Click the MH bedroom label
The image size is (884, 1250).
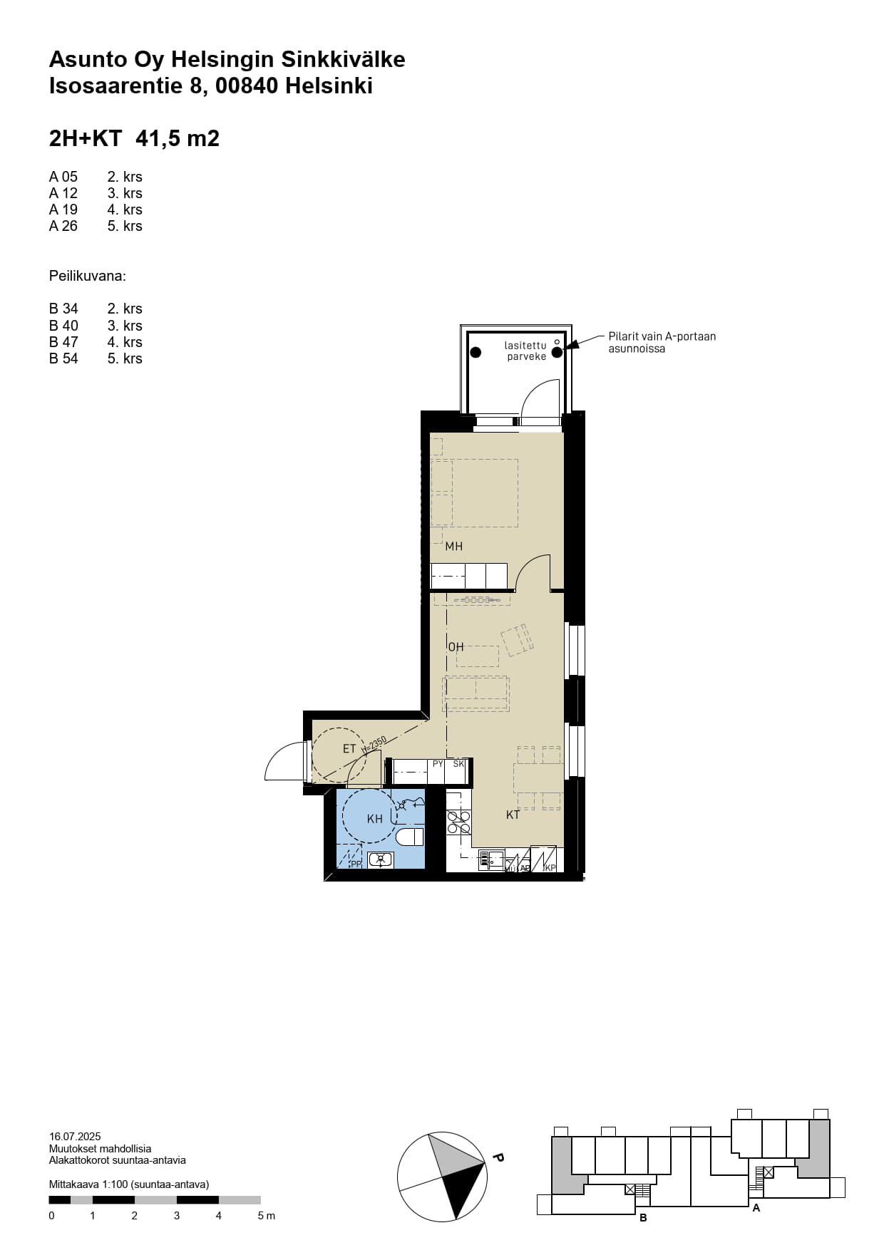point(454,547)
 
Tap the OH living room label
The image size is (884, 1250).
point(456,647)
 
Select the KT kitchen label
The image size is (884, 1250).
point(513,815)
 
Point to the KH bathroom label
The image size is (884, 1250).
point(375,819)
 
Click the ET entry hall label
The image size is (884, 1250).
point(349,749)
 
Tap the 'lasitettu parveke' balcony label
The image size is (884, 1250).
point(526,351)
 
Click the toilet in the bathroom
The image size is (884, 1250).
point(410,836)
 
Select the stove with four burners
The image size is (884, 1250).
point(459,822)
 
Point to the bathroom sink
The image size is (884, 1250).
point(381,859)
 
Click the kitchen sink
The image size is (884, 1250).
point(492,860)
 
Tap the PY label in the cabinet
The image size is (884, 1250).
point(438,764)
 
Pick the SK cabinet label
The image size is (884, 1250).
point(459,764)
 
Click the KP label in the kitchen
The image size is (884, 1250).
point(550,868)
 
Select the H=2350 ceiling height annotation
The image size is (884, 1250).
point(374,745)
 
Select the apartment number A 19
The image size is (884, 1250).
point(63,210)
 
